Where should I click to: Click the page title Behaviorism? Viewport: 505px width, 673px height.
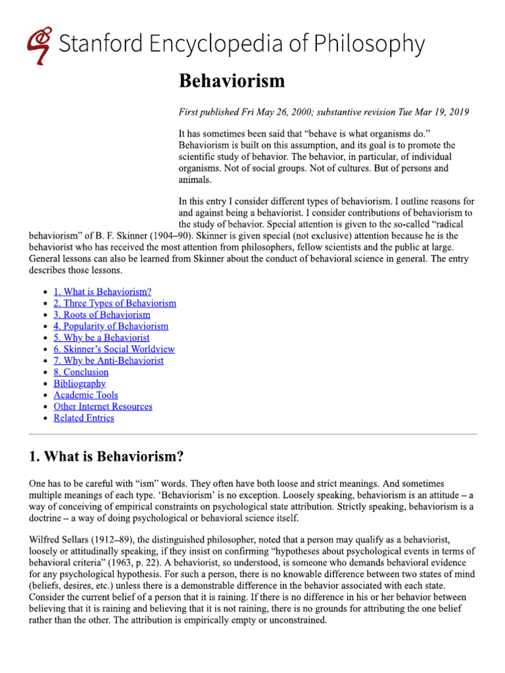click(x=232, y=81)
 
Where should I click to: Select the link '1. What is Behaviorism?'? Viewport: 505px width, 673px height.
click(x=103, y=292)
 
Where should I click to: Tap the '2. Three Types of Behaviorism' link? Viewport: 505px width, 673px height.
click(x=114, y=303)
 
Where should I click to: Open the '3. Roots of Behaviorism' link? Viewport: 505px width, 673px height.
click(x=101, y=315)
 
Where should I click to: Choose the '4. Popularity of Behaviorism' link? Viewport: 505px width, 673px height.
click(x=110, y=326)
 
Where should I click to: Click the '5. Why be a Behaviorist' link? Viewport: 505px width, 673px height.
click(x=101, y=338)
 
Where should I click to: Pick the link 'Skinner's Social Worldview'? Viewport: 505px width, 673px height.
click(x=114, y=349)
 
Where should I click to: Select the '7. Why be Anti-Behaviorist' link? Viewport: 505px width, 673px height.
click(x=108, y=361)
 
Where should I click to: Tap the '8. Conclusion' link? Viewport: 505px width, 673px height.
click(x=81, y=372)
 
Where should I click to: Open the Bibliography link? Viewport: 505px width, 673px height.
click(x=80, y=384)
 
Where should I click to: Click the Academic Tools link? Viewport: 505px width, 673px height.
click(x=85, y=395)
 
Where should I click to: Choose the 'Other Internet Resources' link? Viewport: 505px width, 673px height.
click(x=103, y=407)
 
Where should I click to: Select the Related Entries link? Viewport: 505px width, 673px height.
click(x=84, y=418)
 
